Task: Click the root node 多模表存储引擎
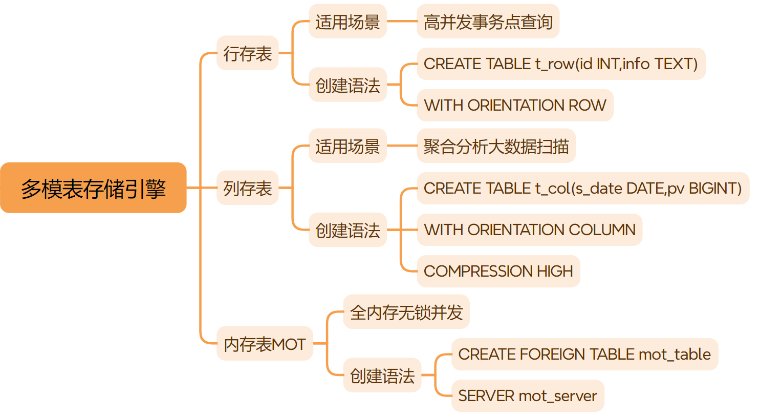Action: click(93, 188)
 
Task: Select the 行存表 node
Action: click(247, 53)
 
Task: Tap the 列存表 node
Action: click(247, 188)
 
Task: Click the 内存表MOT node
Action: click(264, 344)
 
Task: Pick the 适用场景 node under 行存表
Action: click(347, 22)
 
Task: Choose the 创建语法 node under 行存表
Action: click(347, 85)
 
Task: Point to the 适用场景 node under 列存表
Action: click(347, 146)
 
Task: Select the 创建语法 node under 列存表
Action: click(347, 230)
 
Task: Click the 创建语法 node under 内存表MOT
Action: click(382, 376)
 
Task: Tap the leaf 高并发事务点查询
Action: click(488, 22)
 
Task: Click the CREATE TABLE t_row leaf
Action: click(560, 64)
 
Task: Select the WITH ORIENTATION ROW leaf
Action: click(514, 106)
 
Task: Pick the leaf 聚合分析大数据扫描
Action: click(496, 146)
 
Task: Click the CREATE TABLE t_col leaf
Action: click(582, 189)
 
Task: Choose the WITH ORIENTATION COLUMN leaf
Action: click(529, 230)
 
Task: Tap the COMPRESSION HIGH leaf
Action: click(498, 271)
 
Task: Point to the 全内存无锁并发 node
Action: click(406, 312)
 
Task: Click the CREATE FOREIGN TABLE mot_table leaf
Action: click(584, 355)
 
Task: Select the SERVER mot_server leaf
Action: click(527, 396)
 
